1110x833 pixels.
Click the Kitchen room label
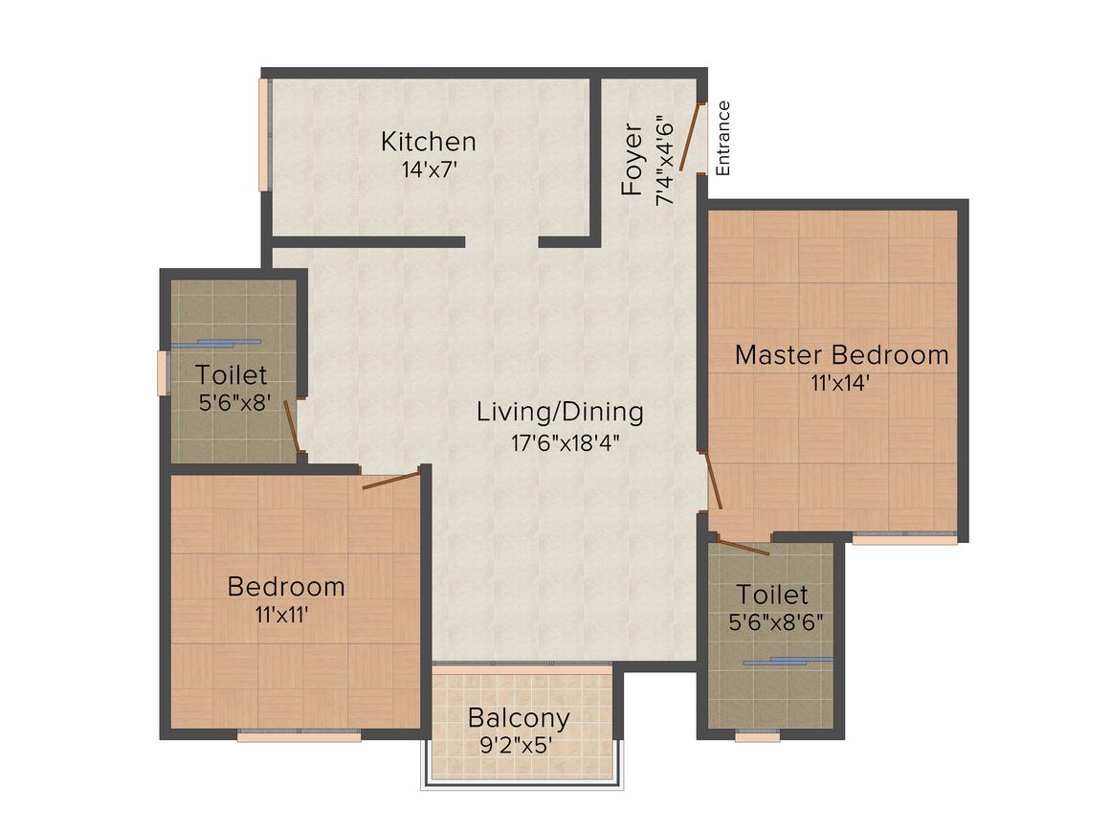[x=429, y=142]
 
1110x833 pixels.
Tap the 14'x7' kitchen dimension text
[x=430, y=170]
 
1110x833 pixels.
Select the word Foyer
[x=632, y=159]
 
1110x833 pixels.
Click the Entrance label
[x=722, y=138]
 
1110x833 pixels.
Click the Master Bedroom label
[x=842, y=355]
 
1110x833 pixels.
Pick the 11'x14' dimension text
[x=840, y=383]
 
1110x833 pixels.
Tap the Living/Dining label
[x=560, y=413]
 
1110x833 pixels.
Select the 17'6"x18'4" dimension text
[x=566, y=443]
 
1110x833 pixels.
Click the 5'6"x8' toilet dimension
[x=235, y=403]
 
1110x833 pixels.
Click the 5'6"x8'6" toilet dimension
[x=776, y=622]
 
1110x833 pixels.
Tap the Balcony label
[x=519, y=718]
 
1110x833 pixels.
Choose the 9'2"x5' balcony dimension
[x=516, y=746]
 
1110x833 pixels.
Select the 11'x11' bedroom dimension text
[x=281, y=615]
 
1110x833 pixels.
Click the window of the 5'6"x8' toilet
[x=163, y=372]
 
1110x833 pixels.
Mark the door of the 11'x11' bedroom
[x=390, y=480]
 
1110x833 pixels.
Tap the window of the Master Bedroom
[x=904, y=539]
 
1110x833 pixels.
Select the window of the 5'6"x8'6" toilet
[x=758, y=736]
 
